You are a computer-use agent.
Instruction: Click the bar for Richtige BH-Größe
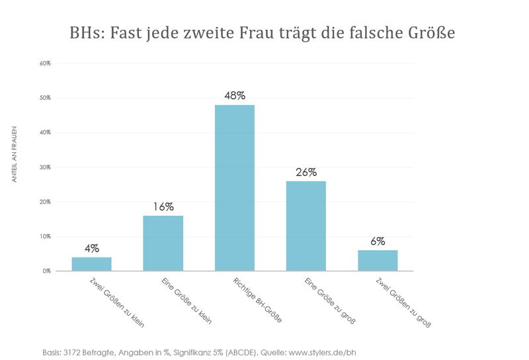(x=235, y=188)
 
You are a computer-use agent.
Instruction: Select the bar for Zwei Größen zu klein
(x=91, y=263)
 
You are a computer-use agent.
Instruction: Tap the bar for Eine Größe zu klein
(x=163, y=243)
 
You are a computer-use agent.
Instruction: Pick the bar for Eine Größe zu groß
(x=306, y=226)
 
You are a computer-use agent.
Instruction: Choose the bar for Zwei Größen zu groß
(x=378, y=260)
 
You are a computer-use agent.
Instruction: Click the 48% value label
(x=235, y=95)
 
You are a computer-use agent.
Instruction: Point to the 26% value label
(x=306, y=171)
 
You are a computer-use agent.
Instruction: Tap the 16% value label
(x=163, y=206)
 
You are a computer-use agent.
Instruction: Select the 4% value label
(x=91, y=248)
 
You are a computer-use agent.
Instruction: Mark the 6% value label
(x=378, y=241)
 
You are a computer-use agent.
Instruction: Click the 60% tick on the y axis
(x=45, y=64)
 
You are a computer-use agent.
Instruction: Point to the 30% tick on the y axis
(x=45, y=167)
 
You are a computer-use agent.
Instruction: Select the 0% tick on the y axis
(x=46, y=271)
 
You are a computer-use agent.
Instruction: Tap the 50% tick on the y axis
(x=45, y=98)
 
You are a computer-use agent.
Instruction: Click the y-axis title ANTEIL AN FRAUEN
(x=15, y=154)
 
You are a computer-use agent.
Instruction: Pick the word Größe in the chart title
(x=430, y=32)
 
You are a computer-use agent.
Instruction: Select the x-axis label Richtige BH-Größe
(x=257, y=300)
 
